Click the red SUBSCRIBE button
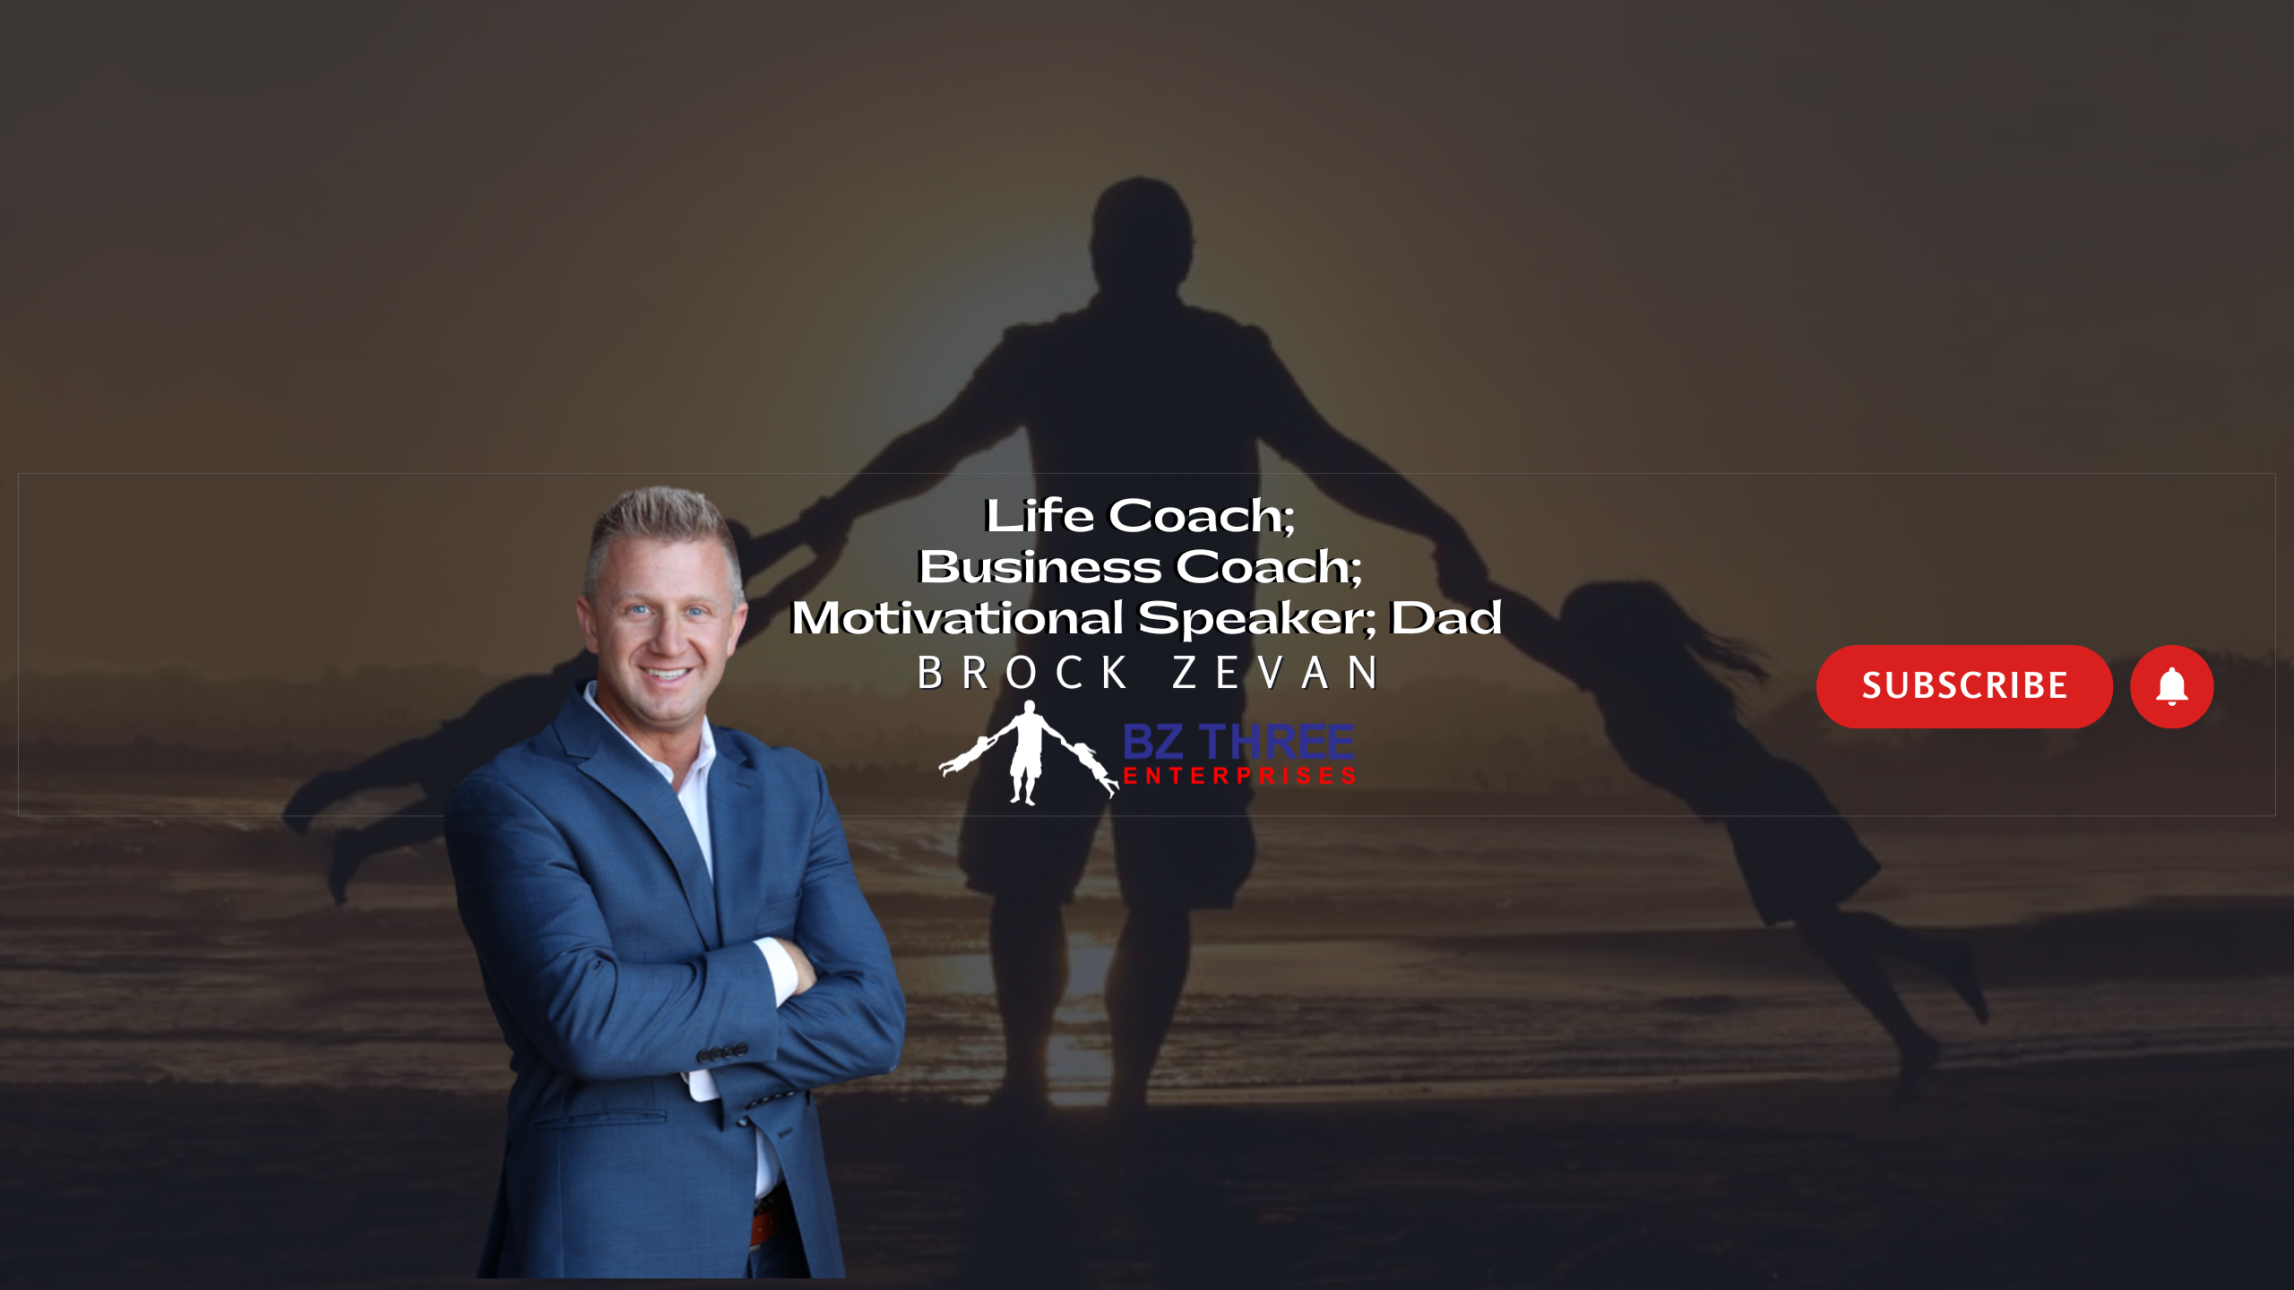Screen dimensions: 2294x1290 1963,686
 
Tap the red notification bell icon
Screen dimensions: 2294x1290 2171,686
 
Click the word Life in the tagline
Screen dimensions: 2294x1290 1040,515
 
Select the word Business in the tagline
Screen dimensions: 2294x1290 1040,566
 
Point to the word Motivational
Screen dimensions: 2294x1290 957,617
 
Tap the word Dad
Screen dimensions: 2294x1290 1445,617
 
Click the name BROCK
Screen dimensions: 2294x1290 1022,673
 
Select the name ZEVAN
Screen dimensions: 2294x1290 1275,673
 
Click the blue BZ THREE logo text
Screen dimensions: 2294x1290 1238,742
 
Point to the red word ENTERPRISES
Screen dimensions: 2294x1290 1239,776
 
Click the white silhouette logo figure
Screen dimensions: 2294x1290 1029,752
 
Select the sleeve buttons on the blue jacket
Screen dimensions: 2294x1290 722,1053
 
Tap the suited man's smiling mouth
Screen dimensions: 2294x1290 666,673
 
